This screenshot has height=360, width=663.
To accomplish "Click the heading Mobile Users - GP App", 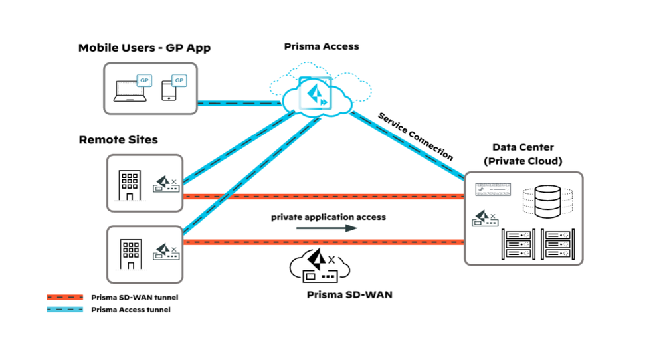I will point(144,48).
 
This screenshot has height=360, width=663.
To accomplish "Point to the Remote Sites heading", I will point(118,140).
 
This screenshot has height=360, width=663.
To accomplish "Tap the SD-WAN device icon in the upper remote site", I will point(166,185).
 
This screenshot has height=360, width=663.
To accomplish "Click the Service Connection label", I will point(415,136).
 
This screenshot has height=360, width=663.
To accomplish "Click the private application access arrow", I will point(326,228).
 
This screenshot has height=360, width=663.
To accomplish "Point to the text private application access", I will point(328,217).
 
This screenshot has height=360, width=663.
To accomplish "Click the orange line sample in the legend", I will point(65,297).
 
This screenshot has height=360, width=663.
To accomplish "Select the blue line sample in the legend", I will point(65,309).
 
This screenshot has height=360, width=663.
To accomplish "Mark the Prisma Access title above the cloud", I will point(321,46).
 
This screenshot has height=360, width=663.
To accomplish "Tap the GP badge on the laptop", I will point(144,81).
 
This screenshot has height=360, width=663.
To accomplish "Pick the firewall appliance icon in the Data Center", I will point(492,190).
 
